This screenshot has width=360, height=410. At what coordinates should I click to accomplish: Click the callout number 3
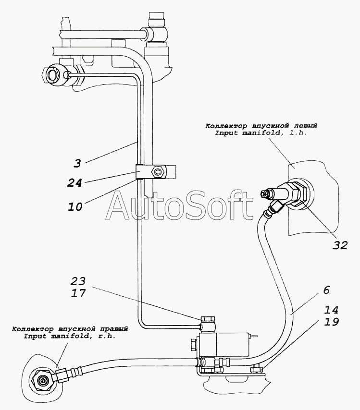click(77, 163)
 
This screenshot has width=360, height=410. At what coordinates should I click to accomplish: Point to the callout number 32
click(340, 245)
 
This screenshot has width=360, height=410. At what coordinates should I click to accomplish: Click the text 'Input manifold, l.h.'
click(261, 133)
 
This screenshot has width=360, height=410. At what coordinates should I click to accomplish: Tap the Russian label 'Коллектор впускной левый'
click(261, 126)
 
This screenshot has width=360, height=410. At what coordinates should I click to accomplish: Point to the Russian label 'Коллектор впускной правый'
click(70, 329)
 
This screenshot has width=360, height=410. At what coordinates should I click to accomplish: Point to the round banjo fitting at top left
click(52, 75)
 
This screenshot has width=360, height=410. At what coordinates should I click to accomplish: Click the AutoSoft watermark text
click(180, 207)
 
